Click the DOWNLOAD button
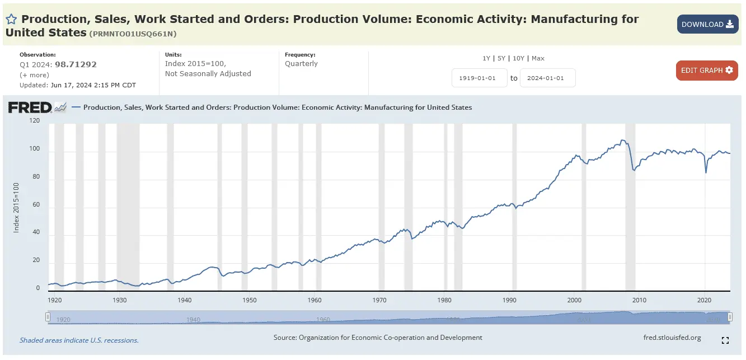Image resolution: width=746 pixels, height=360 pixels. [707, 24]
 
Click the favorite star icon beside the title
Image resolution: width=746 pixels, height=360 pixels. [11, 19]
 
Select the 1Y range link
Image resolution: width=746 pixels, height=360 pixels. [486, 58]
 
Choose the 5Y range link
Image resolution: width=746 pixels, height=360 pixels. [501, 58]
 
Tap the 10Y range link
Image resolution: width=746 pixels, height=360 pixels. [518, 58]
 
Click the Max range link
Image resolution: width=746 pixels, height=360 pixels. [538, 58]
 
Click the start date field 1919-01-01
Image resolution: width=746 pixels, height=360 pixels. [479, 78]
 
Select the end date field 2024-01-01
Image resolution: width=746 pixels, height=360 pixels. [547, 78]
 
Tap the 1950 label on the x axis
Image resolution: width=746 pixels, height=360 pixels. [250, 300]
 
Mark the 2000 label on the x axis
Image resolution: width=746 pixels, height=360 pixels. [575, 300]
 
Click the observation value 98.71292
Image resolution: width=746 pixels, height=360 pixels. [76, 64]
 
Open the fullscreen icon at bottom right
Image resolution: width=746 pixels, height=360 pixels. [725, 340]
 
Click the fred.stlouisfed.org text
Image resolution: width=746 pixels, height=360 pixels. [673, 338]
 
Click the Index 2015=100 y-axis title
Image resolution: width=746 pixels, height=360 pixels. [16, 208]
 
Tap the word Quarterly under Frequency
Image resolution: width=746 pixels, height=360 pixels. [301, 64]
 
